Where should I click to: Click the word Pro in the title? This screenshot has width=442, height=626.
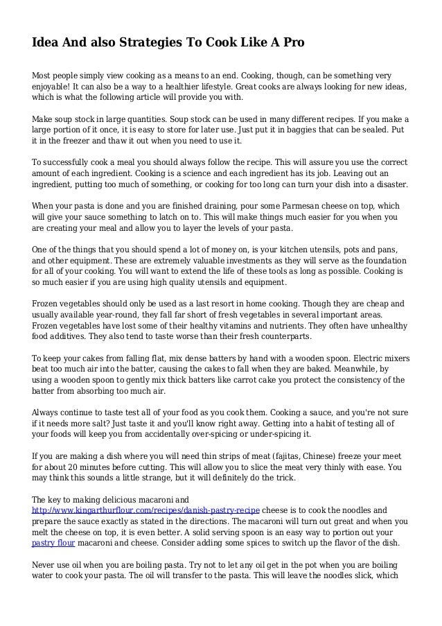[x=291, y=42]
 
